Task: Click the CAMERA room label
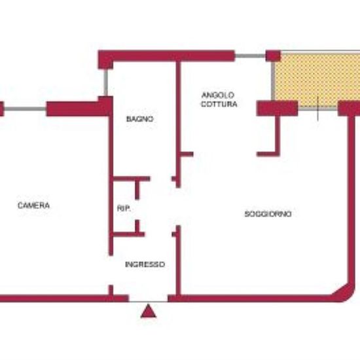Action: point(33,206)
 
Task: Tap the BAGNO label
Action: point(139,119)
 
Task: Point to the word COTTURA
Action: point(219,104)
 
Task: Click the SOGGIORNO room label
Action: point(268,214)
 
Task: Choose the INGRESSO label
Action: point(145,264)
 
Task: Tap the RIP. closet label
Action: point(124,208)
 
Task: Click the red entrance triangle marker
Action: point(149,311)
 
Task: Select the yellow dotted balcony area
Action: point(317,80)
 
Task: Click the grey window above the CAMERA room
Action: point(25,109)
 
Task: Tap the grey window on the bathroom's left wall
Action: point(105,82)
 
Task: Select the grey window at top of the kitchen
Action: point(250,56)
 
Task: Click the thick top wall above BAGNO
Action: point(166,56)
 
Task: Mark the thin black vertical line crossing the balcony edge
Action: point(317,108)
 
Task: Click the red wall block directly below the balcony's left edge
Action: point(277,108)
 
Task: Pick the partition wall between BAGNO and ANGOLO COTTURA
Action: point(179,124)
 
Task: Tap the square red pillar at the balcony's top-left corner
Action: point(273,56)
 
